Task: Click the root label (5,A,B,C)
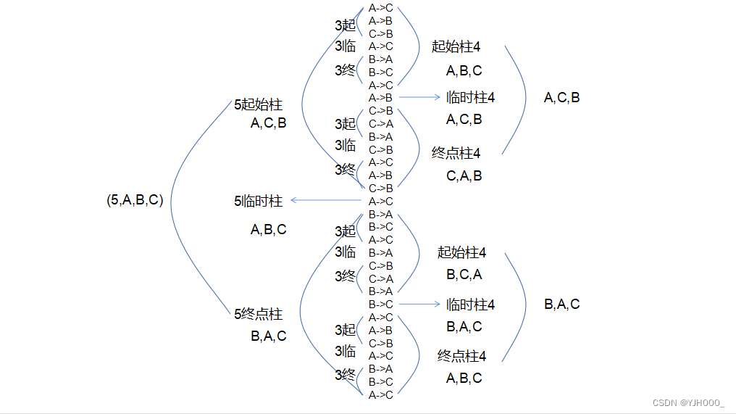pos(135,201)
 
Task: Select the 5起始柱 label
pos(258,105)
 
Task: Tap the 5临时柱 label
pos(258,202)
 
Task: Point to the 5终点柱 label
pos(258,315)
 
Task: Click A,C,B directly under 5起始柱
pos(268,123)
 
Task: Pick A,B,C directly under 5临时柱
pos(268,230)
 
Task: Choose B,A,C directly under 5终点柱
pos(268,336)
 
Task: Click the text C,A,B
pos(464,175)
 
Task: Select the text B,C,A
pos(464,275)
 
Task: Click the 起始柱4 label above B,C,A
pos(461,252)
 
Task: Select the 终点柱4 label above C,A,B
pos(456,153)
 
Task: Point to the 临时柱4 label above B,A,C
pos(470,305)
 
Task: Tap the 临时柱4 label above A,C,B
pos(470,97)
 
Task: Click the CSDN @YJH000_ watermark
pos(688,403)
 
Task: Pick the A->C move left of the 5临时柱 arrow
pos(380,201)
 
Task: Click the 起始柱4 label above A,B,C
pos(456,46)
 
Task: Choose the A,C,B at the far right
pos(561,97)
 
